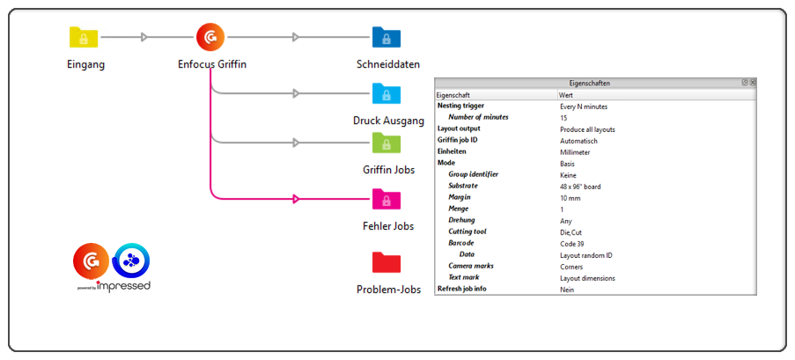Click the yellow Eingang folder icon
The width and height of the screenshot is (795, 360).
(84, 37)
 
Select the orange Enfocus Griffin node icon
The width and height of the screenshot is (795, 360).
(210, 37)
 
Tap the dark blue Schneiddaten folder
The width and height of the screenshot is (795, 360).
(386, 37)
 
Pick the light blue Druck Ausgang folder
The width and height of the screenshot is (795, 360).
(386, 93)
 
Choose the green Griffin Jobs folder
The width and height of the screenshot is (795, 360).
(386, 143)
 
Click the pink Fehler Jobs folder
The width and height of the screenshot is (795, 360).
(386, 199)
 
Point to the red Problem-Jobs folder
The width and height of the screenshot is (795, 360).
(386, 262)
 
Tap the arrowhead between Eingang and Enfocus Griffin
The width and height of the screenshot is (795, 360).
(145, 37)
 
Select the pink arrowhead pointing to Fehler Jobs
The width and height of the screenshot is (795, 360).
(297, 199)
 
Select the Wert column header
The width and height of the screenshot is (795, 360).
(567, 94)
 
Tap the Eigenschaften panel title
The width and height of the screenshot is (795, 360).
(591, 83)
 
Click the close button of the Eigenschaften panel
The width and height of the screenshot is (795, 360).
(753, 83)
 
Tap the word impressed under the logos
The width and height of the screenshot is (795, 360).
(124, 285)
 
